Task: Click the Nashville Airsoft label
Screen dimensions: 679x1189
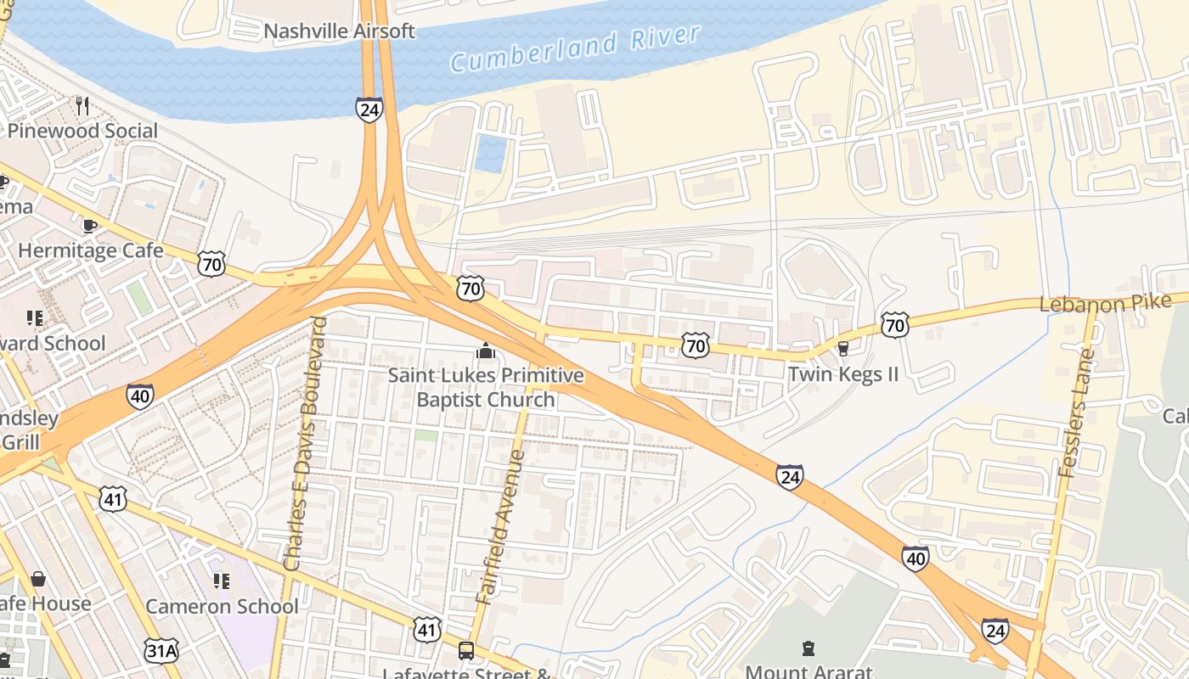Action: (x=339, y=31)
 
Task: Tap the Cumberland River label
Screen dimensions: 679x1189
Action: (x=575, y=48)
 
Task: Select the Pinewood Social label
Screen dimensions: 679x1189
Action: (x=82, y=131)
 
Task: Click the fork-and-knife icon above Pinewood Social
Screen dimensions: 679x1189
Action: (x=82, y=105)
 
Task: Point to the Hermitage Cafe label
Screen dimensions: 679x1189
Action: (x=90, y=250)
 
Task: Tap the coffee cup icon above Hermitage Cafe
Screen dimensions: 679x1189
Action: (x=90, y=226)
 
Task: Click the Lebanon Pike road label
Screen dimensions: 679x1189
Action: (x=1104, y=303)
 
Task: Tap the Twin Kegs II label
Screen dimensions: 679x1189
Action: (x=842, y=373)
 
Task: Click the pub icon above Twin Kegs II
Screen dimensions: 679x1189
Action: (x=842, y=348)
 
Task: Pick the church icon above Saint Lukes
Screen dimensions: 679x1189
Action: (x=486, y=351)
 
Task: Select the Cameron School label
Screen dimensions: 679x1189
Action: (x=222, y=606)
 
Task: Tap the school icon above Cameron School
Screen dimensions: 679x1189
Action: (x=222, y=581)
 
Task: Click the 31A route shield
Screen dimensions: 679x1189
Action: (x=161, y=651)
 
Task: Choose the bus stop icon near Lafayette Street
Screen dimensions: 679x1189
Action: (x=466, y=651)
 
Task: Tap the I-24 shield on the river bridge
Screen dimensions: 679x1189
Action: (x=369, y=109)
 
